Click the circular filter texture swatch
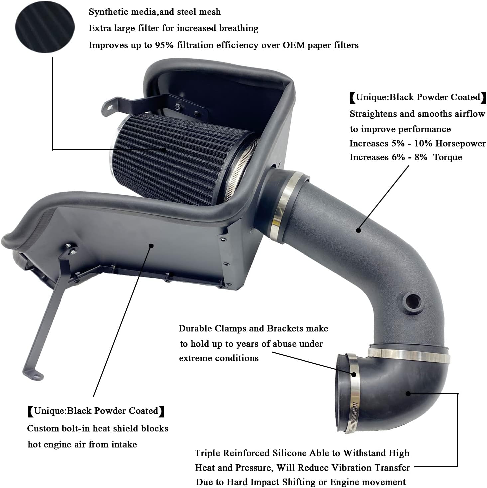click(45, 28)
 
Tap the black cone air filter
click(180, 156)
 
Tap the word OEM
click(294, 45)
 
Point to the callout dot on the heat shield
click(151, 245)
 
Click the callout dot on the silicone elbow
click(408, 393)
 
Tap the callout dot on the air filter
click(164, 150)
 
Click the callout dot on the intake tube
click(359, 230)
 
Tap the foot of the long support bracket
click(33, 374)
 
